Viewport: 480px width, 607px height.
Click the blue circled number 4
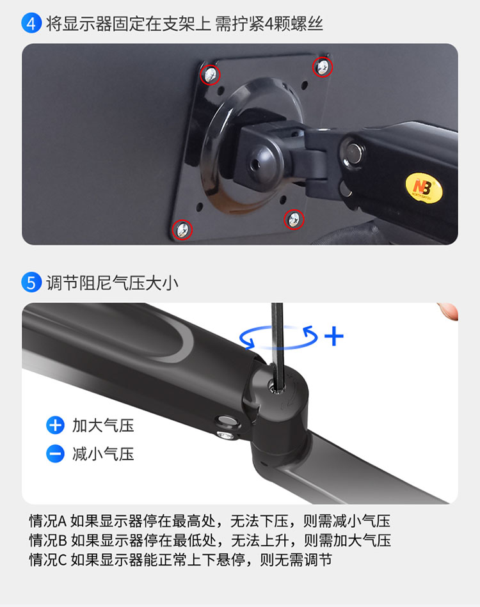tap(31, 23)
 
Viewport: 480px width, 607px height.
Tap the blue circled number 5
tap(31, 282)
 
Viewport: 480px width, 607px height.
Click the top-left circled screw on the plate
tap(211, 74)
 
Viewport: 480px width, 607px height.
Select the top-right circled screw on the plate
tap(323, 67)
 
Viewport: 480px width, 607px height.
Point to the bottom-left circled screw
tap(182, 230)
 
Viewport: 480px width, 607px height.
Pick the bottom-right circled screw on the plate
tap(294, 219)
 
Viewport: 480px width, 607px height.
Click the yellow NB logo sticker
tap(424, 189)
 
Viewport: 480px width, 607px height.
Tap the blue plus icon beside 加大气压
tap(56, 425)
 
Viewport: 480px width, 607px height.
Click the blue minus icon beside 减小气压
tap(56, 453)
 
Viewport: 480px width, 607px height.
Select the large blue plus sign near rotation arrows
tap(334, 336)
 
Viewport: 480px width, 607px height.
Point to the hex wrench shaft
tap(277, 345)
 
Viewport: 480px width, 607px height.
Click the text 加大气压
tap(103, 425)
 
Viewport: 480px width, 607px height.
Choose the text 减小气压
tap(103, 453)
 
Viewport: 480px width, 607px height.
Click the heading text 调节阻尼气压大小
tap(113, 283)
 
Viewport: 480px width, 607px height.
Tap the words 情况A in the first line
tap(47, 521)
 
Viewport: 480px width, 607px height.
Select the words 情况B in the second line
tap(47, 540)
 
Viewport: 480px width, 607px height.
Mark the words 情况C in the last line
tap(47, 560)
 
